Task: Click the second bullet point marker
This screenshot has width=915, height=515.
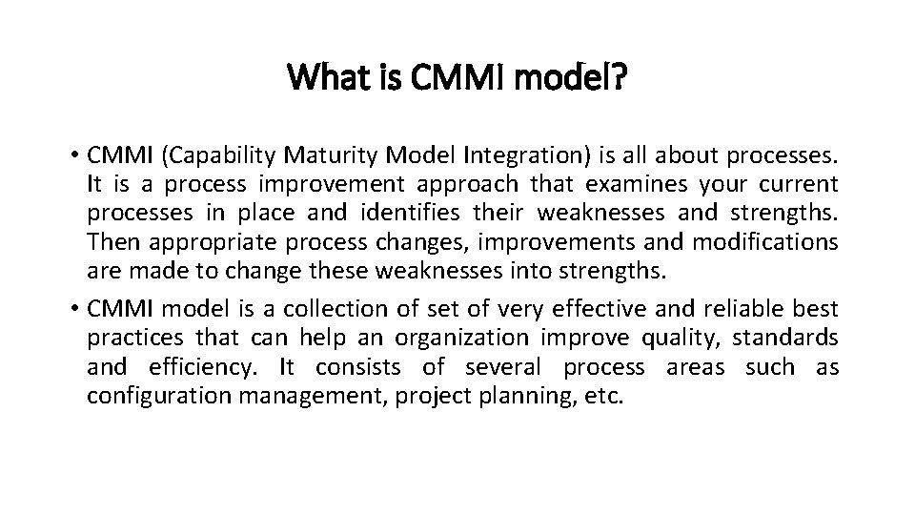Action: (74, 309)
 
